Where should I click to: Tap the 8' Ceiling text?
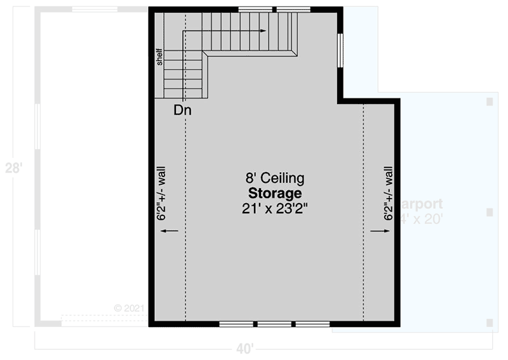(x=275, y=178)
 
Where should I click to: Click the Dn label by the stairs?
(x=183, y=110)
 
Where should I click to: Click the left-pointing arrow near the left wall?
(x=170, y=232)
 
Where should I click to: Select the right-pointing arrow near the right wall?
(x=380, y=232)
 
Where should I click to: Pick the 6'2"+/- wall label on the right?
(x=388, y=194)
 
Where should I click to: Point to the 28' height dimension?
(x=14, y=168)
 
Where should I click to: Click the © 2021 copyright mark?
(x=130, y=307)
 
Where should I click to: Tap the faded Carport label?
(x=420, y=204)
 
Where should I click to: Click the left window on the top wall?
(x=256, y=9)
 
